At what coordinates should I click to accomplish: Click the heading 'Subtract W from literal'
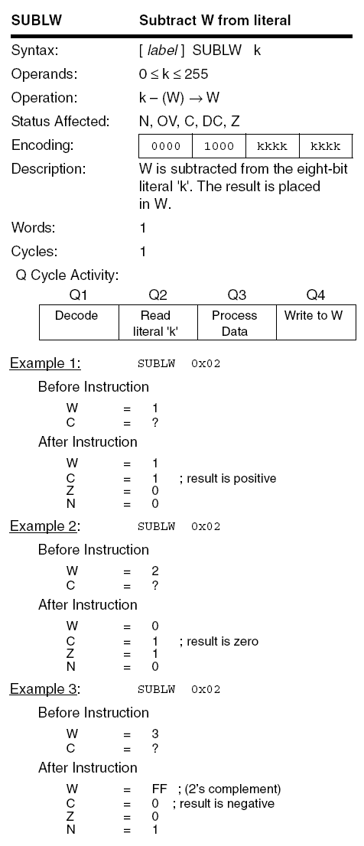(214, 21)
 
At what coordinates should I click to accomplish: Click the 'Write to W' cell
(315, 316)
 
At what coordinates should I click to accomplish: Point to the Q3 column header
(236, 294)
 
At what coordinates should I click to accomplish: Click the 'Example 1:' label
(45, 363)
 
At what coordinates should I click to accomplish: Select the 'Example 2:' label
(45, 525)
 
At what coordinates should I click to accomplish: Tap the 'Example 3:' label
(45, 688)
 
